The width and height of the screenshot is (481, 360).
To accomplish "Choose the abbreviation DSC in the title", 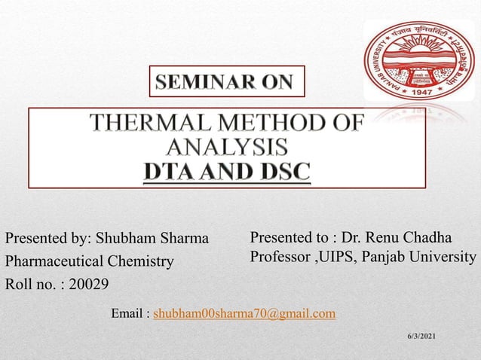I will [x=279, y=170].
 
